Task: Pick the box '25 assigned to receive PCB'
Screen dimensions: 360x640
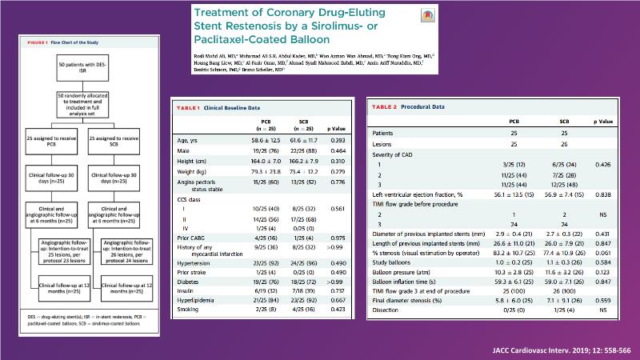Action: pyautogui.click(x=49, y=145)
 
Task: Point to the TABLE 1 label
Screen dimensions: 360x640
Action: pyautogui.click(x=192, y=106)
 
